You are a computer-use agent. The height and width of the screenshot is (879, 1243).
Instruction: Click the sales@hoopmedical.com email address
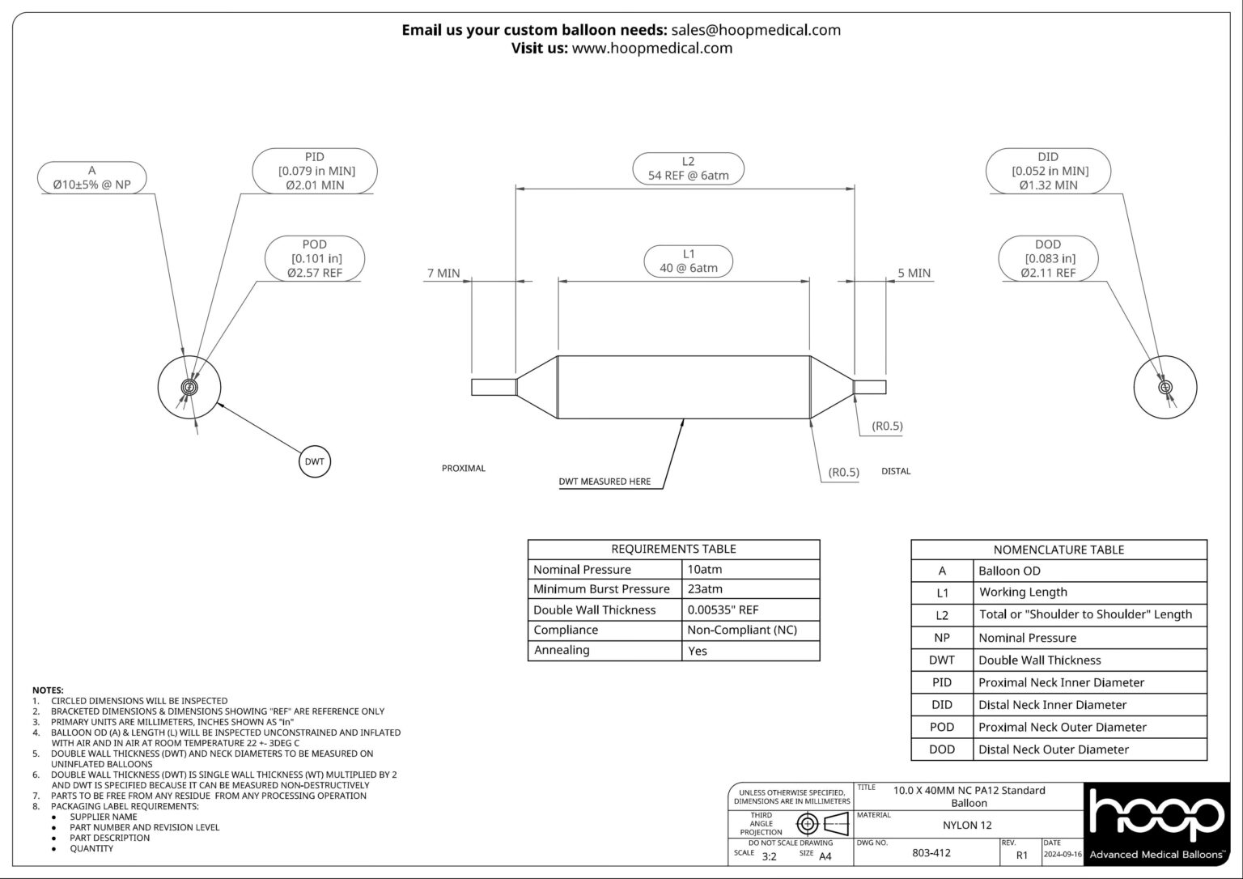(x=756, y=30)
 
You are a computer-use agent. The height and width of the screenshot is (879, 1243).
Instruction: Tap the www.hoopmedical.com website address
(x=651, y=48)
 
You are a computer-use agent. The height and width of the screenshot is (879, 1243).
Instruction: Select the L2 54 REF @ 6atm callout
(x=688, y=168)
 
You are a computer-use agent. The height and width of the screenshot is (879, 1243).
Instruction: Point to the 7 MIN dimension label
(x=443, y=274)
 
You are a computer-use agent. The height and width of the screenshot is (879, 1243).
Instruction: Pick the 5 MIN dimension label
(x=914, y=274)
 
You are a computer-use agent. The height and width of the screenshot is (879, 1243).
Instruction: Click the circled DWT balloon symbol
(x=315, y=461)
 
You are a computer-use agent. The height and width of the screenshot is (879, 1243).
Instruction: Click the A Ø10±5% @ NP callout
(x=91, y=178)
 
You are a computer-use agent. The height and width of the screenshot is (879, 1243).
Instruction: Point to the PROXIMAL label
(x=463, y=469)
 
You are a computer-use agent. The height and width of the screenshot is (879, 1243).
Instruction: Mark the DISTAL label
(x=895, y=471)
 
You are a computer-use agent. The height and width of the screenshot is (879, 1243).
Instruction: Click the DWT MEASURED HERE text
(x=605, y=482)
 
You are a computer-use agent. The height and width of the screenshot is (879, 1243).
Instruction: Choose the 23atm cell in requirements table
(x=705, y=589)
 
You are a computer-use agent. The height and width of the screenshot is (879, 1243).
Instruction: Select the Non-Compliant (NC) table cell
(x=742, y=630)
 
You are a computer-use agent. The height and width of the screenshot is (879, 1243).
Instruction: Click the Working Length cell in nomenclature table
(x=1022, y=592)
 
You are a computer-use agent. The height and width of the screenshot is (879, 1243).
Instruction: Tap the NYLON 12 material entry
(x=967, y=826)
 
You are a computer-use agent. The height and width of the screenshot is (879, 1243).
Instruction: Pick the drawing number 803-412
(x=931, y=853)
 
